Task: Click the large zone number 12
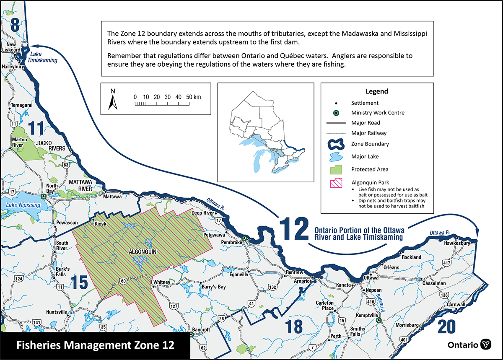tap(295, 228)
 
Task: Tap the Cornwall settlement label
tap(456, 305)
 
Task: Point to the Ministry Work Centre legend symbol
tap(334, 113)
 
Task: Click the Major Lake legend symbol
tap(334, 157)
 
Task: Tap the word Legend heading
tap(376, 91)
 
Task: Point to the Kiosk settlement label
tap(101, 224)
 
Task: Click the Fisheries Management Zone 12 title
tap(95, 346)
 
